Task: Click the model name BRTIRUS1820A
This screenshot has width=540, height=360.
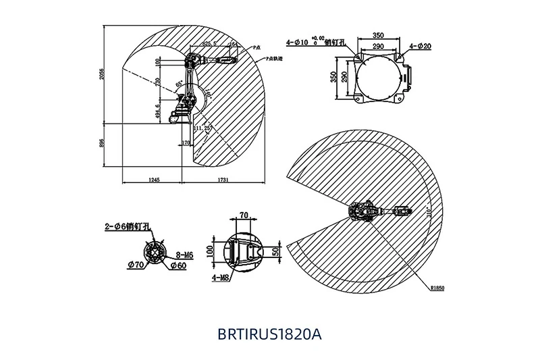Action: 269,333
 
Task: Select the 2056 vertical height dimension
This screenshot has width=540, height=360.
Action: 103,75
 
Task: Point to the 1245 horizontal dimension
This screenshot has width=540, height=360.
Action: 153,179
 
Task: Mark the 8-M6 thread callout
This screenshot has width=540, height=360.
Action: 184,255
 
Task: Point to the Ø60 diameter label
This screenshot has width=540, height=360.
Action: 178,265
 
